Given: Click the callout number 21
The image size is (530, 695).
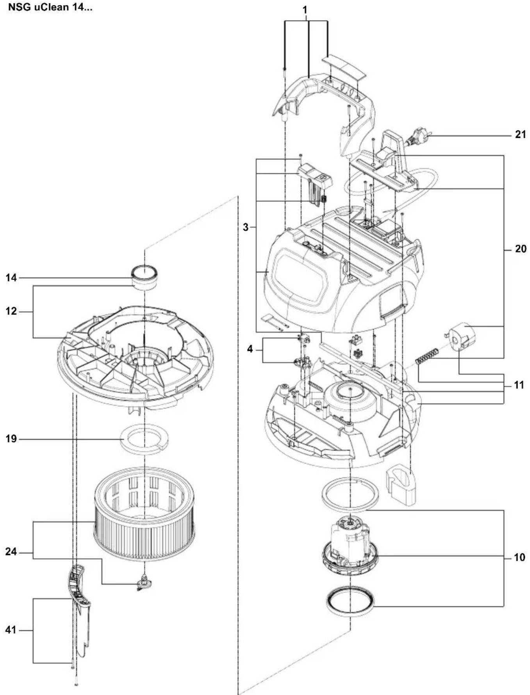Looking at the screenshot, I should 520,135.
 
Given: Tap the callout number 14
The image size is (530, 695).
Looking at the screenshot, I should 11,278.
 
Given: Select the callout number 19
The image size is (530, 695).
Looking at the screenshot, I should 11,439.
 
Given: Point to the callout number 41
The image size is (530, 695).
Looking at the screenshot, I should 11,630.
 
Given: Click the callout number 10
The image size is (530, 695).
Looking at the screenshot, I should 519,558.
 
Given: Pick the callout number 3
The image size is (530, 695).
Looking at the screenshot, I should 245,227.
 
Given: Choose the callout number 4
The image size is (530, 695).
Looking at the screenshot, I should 250,349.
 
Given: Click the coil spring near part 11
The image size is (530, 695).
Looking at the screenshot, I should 427,356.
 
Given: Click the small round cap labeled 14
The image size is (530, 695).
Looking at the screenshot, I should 144,276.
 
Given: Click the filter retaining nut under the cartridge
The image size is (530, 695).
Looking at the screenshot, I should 144,583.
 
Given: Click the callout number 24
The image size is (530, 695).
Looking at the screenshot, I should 11,552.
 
